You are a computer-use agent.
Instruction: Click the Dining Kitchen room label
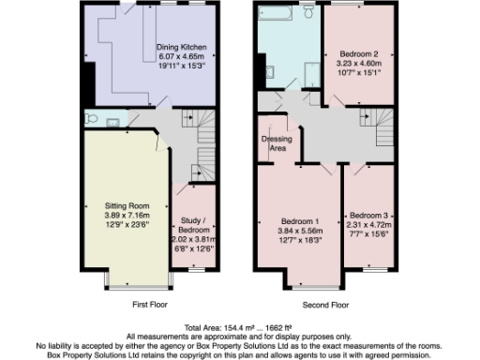click(181, 46)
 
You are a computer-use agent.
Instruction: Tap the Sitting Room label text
click(126, 204)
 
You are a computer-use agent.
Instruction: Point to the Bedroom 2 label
click(352, 55)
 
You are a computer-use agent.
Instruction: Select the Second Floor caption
click(324, 305)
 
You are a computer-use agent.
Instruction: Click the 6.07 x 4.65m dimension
click(181, 56)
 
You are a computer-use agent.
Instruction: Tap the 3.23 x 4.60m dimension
click(352, 66)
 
